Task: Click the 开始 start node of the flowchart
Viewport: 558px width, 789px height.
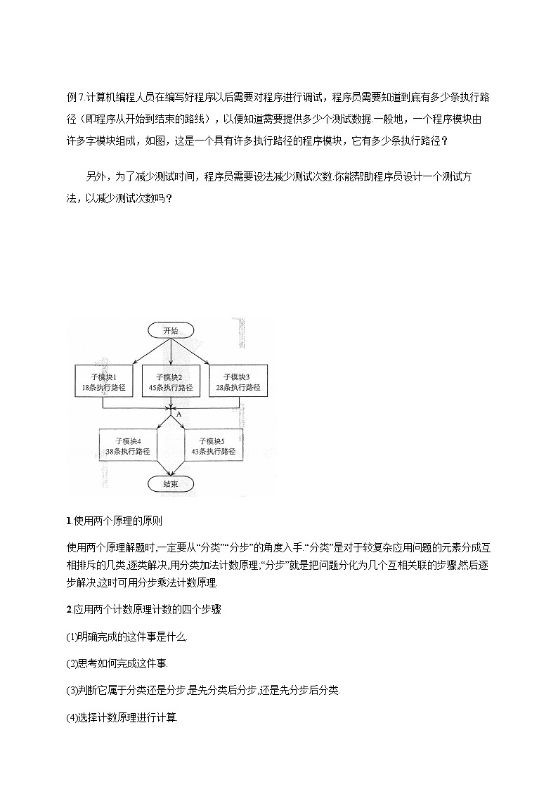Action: [170, 330]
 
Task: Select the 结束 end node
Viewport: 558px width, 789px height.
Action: [170, 483]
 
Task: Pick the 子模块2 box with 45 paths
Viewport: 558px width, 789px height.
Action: [170, 382]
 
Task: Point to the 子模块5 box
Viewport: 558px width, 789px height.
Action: [213, 445]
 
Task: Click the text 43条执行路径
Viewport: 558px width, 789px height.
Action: [213, 451]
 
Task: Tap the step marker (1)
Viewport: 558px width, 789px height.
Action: [70, 637]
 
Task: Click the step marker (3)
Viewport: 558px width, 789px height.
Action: [70, 691]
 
